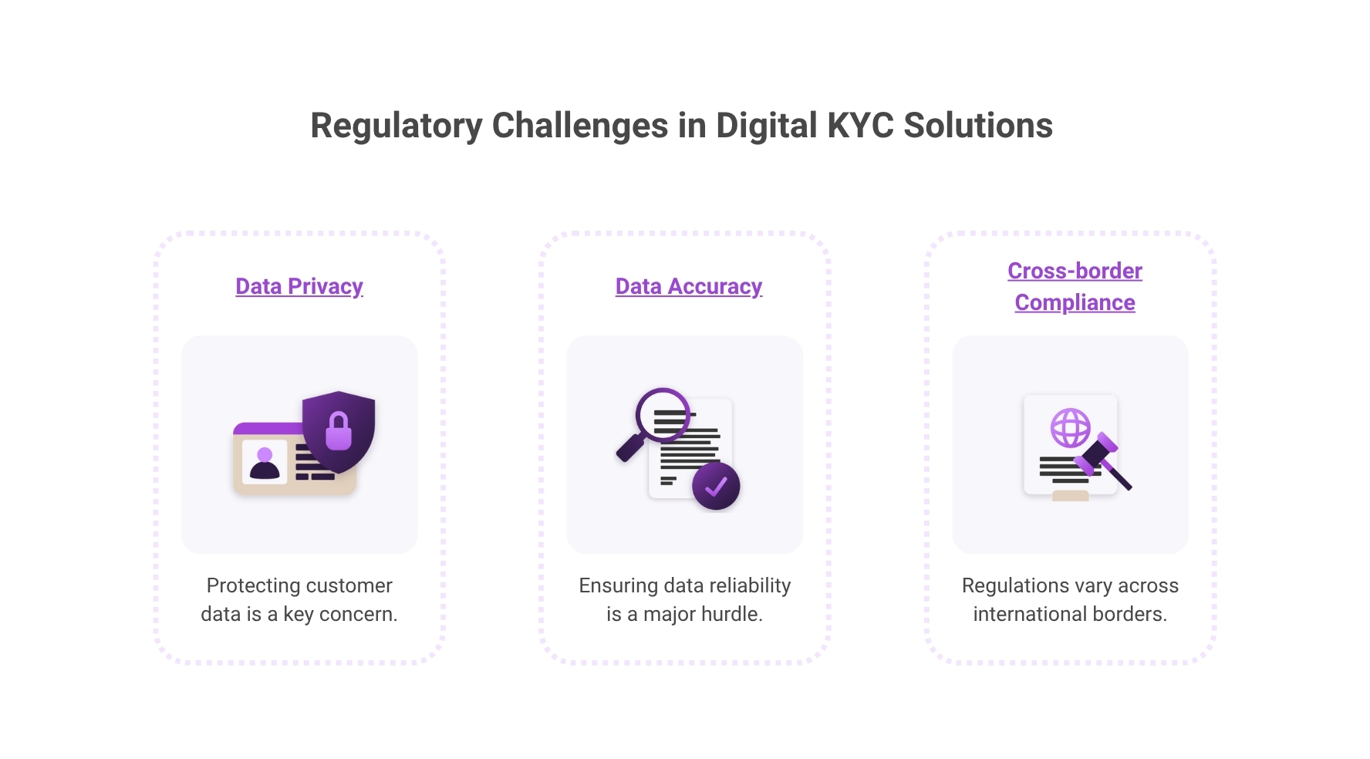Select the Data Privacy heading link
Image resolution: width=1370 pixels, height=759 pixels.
tap(299, 286)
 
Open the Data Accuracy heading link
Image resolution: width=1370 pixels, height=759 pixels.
tap(688, 286)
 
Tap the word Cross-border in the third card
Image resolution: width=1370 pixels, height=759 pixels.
tap(1075, 271)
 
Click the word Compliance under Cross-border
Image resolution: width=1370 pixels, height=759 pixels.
tap(1075, 302)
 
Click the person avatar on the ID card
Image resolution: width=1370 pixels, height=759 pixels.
tap(265, 463)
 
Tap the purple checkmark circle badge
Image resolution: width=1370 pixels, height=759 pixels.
tap(716, 486)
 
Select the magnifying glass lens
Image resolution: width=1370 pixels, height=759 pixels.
tap(662, 413)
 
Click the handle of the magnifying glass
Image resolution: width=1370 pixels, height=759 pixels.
tap(629, 448)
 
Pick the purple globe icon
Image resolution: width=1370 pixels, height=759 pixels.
tap(1071, 427)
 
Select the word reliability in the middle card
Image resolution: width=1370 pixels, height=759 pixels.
tap(750, 585)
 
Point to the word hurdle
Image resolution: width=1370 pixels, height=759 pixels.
tap(734, 614)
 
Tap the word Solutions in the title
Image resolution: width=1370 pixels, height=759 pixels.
tap(977, 126)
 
